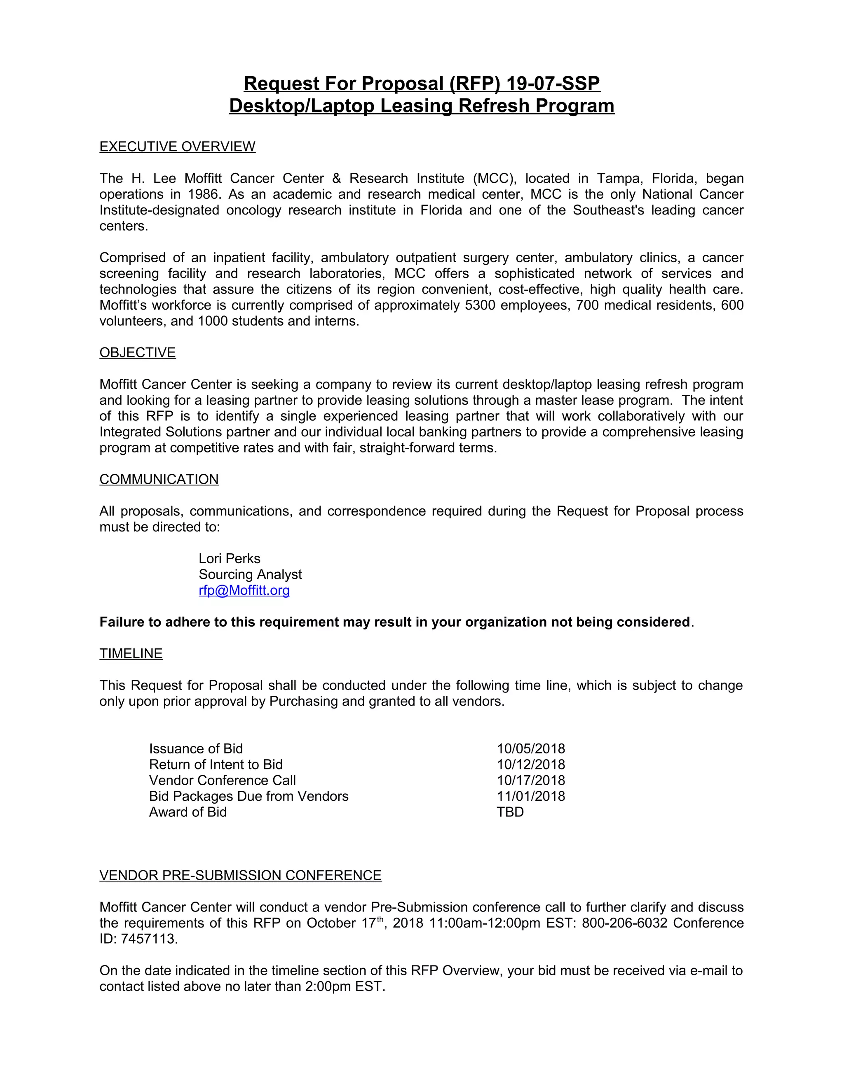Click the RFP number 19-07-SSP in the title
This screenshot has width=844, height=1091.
(x=553, y=84)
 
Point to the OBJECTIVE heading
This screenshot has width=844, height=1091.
(x=138, y=353)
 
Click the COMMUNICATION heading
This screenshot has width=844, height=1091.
(x=159, y=480)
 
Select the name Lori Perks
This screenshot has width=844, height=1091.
(x=230, y=559)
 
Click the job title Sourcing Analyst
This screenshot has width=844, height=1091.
(x=250, y=574)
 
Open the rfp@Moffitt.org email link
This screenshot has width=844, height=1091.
(x=244, y=590)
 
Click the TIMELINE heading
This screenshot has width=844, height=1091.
(x=131, y=654)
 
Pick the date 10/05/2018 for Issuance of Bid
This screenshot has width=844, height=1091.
(x=530, y=749)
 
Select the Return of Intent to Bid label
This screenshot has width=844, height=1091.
(x=216, y=765)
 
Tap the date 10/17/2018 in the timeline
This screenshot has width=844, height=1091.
(x=530, y=780)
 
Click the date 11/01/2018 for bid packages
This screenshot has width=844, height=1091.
(x=530, y=796)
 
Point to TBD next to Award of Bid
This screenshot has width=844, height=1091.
(x=510, y=812)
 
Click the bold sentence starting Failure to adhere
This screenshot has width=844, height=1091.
(x=395, y=622)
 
